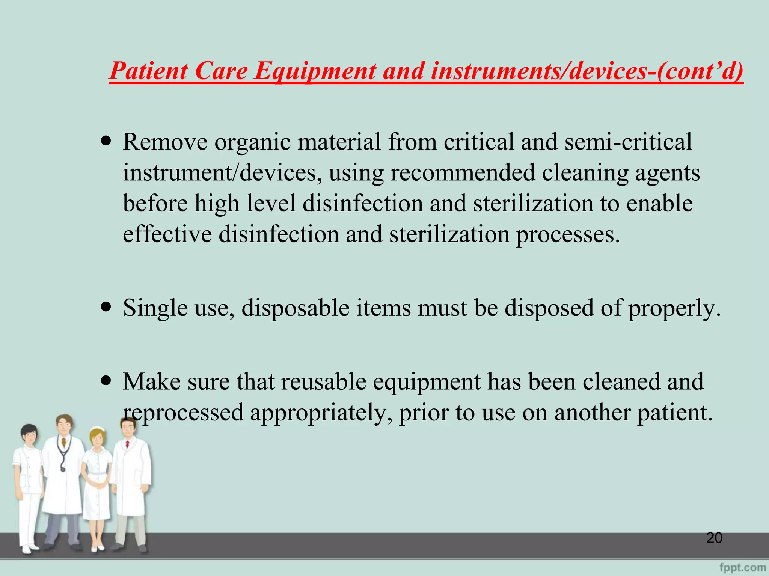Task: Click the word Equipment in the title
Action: [315, 71]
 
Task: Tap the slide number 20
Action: [714, 538]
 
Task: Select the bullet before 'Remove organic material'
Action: [107, 142]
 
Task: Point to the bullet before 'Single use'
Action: [107, 307]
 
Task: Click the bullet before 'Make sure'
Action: [107, 381]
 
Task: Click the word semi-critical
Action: [628, 142]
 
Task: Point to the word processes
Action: [567, 234]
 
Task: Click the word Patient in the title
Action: [149, 71]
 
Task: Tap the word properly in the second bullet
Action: [674, 308]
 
